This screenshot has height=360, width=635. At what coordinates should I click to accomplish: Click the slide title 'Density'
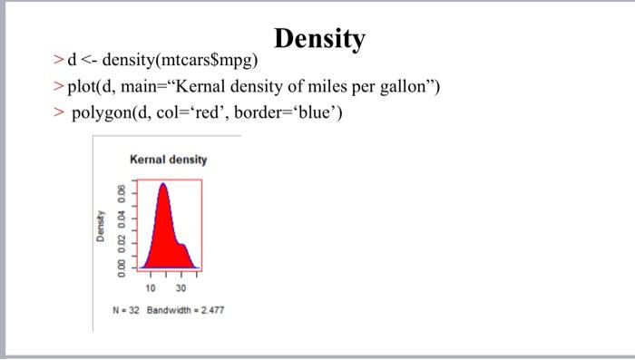[x=319, y=39]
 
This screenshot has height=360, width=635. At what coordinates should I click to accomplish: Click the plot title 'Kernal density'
[x=169, y=160]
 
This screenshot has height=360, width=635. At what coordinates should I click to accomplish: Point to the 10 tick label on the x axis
[x=151, y=287]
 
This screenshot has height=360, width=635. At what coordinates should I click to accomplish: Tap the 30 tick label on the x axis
[x=181, y=287]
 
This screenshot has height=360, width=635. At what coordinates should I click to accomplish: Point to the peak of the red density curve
[x=163, y=184]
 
